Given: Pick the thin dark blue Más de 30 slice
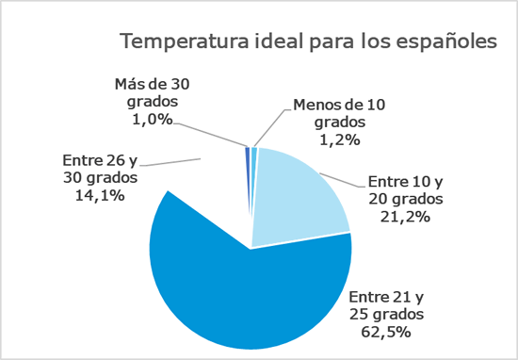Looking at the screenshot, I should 248,188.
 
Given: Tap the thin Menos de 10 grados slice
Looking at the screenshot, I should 254,188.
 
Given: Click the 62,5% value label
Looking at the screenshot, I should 389,332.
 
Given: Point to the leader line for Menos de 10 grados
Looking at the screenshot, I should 270,124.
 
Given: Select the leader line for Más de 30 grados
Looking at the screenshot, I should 209,133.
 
